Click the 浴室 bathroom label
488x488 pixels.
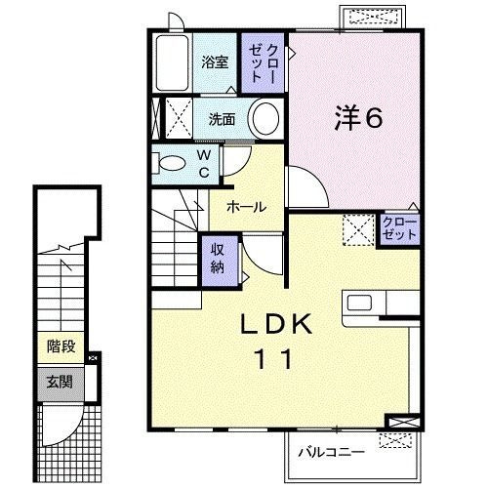[215, 61]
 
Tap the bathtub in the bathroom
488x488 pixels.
[173, 62]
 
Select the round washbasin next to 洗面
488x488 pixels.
[265, 118]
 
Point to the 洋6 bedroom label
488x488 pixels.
[359, 117]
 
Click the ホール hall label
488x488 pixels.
[247, 207]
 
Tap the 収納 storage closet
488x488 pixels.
[218, 261]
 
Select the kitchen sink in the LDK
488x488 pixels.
[359, 303]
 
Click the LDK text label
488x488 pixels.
[276, 324]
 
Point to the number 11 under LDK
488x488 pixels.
[274, 358]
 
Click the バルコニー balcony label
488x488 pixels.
[332, 452]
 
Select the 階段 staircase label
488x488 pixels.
[61, 346]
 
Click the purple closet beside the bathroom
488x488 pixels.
[263, 62]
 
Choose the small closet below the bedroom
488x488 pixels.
[399, 228]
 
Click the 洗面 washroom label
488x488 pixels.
[222, 119]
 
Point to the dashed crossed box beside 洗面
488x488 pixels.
[180, 118]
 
